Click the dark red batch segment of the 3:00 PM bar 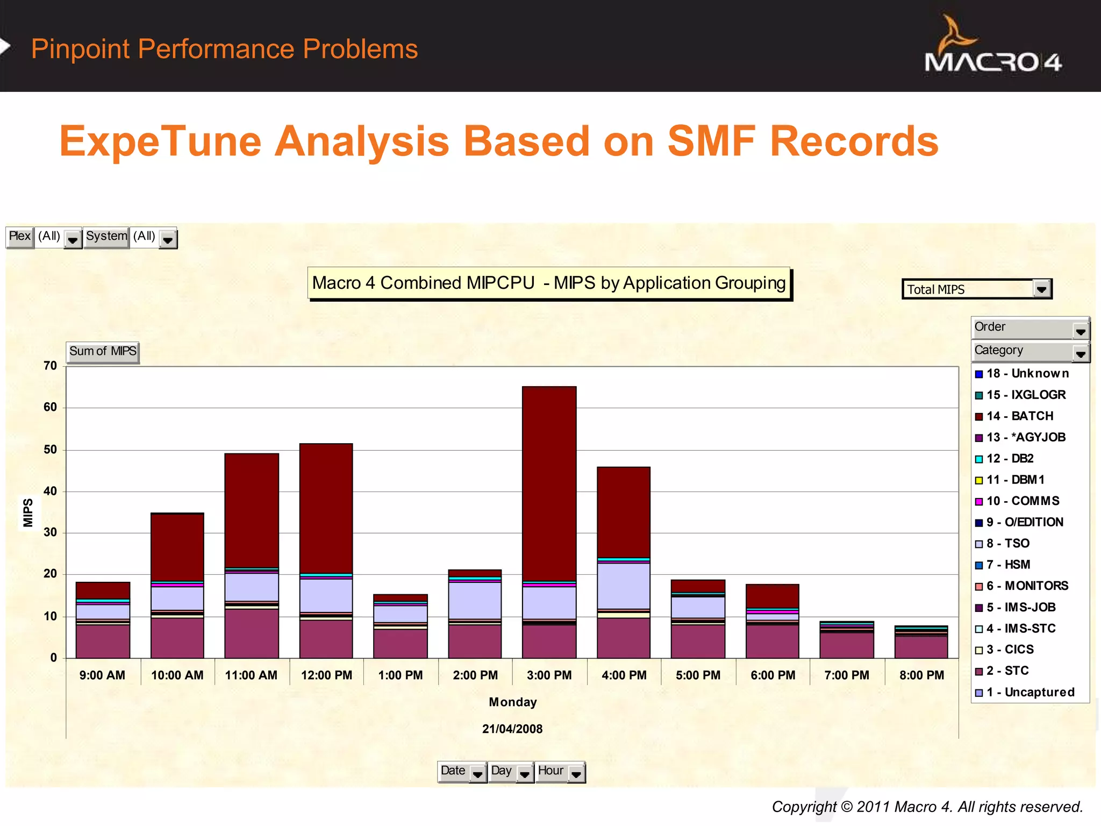549,484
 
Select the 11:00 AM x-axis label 251,675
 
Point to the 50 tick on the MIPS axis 50,450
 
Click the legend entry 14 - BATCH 1019,416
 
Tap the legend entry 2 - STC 1007,671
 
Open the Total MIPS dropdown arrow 1041,289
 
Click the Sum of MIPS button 103,352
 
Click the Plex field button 20,237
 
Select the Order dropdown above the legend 1029,327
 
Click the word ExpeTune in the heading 160,141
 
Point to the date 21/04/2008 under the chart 512,729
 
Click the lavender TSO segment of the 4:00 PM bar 623,585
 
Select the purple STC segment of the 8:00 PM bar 921,647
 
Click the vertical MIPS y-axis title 28,512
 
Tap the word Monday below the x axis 512,702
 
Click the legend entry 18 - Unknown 1027,373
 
